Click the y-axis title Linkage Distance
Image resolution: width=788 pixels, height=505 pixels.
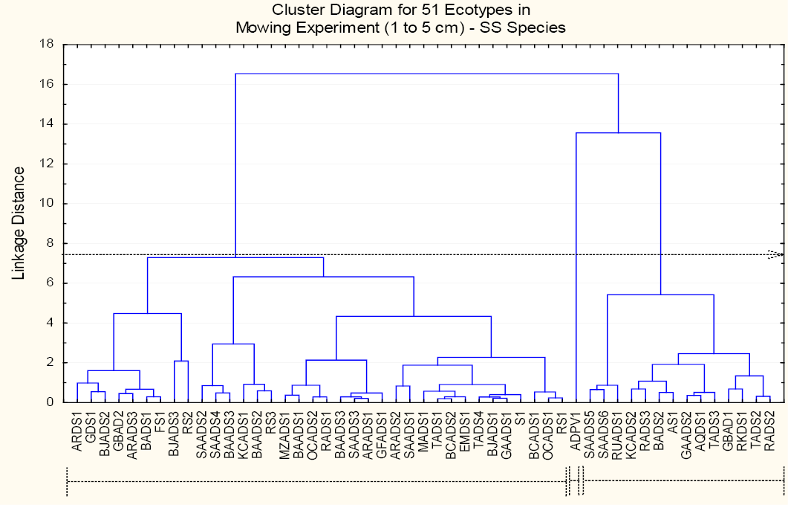[x=19, y=224]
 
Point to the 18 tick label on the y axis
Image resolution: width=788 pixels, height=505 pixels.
[x=47, y=44]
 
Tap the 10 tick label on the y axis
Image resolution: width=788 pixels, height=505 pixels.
[x=47, y=203]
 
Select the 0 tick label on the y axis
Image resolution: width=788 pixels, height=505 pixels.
[x=51, y=402]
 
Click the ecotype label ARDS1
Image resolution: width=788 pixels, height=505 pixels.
[x=77, y=432]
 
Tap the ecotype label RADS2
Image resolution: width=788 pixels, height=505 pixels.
[x=769, y=432]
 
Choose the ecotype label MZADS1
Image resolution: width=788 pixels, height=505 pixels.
[x=285, y=436]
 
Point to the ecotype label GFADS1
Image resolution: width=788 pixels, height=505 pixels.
[x=382, y=435]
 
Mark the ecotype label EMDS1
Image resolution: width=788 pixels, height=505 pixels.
[x=465, y=433]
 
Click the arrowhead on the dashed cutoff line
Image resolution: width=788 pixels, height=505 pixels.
[x=775, y=254]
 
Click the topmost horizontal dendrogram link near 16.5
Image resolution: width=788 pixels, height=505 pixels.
[x=426, y=74]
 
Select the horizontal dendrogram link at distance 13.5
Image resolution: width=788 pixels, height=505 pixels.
[x=618, y=133]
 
